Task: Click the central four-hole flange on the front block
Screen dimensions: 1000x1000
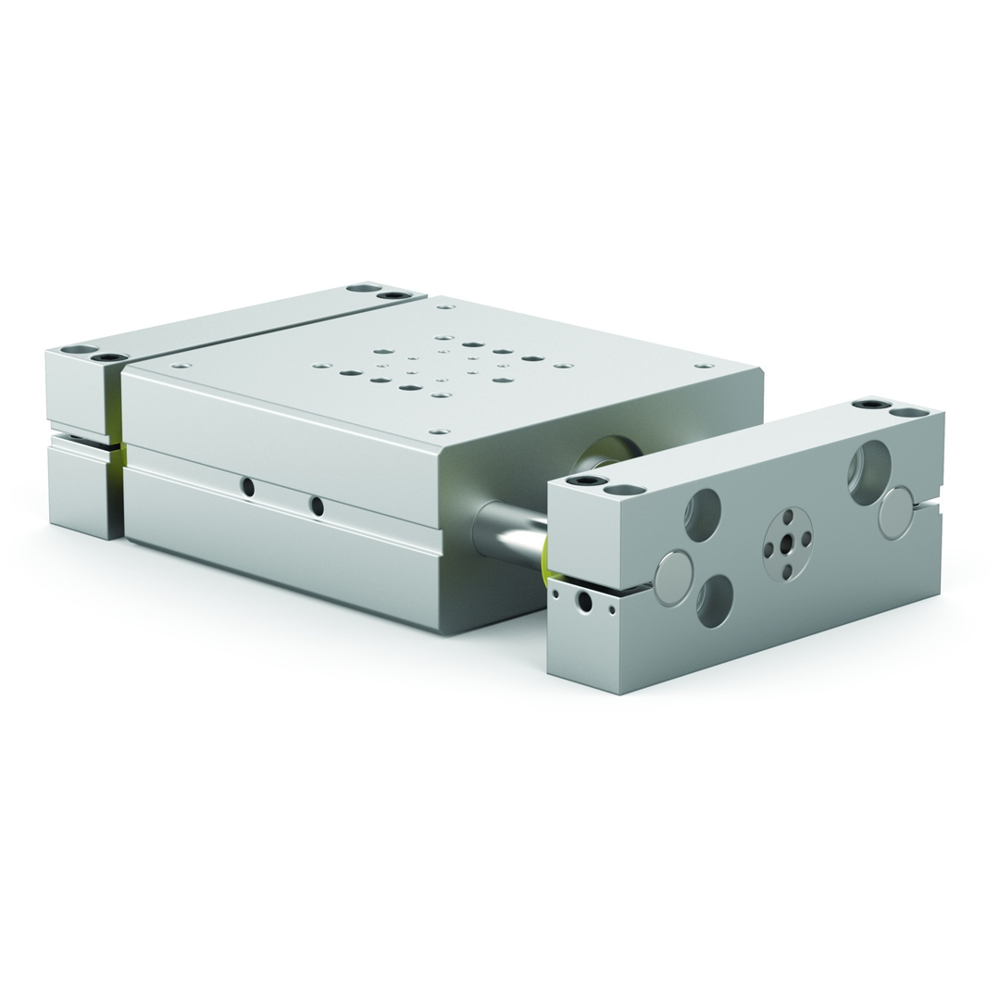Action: click(787, 544)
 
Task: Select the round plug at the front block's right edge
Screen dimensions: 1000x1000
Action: click(896, 513)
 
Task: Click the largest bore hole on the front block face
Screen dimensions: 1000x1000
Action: click(869, 472)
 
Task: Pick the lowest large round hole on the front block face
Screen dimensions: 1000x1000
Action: click(715, 601)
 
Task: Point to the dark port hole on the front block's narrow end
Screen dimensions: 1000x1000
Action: click(584, 603)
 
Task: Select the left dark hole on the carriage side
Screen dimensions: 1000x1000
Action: click(247, 487)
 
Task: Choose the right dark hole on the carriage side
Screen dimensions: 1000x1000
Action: click(317, 506)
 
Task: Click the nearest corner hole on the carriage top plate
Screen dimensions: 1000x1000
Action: click(440, 431)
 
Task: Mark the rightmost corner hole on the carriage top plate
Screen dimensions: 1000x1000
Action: click(705, 366)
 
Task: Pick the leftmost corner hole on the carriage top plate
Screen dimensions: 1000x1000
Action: click(181, 366)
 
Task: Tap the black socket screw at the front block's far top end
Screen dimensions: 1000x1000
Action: click(870, 404)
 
